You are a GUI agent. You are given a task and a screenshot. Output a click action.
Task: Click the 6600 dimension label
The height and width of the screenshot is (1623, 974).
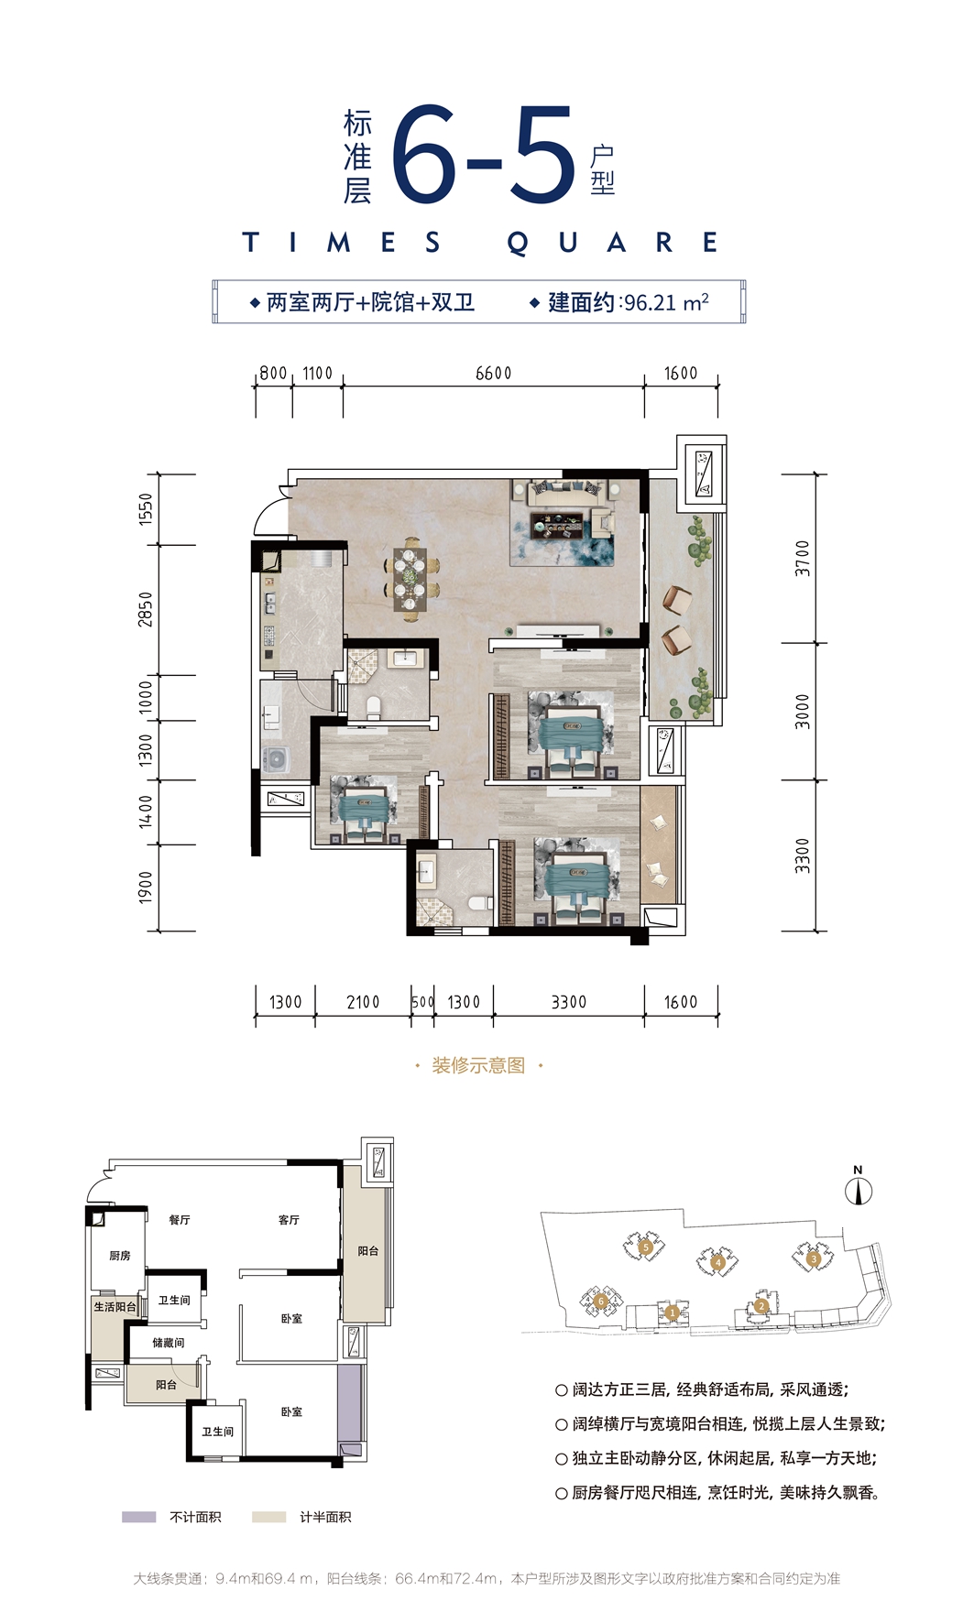[x=493, y=374]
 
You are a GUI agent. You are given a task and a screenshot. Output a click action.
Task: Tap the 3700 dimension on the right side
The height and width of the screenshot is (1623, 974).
[x=803, y=558]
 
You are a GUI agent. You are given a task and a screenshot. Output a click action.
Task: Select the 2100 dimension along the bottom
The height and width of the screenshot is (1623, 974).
[x=363, y=1002]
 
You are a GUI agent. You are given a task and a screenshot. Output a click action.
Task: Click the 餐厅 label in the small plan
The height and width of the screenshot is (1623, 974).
[x=180, y=1220]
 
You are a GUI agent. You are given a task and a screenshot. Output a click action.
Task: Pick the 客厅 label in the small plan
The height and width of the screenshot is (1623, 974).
[x=289, y=1220]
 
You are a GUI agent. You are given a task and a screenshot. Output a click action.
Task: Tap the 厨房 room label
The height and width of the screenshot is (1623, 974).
[x=120, y=1256]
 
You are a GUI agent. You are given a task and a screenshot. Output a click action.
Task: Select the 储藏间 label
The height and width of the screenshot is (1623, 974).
[x=169, y=1343]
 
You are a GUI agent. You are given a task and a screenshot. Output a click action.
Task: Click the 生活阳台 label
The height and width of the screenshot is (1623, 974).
[x=115, y=1307]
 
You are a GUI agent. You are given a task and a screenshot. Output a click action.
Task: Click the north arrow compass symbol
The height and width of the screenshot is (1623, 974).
[x=859, y=1188]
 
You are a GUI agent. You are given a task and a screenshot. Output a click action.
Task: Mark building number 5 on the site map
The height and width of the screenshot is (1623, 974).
[x=646, y=1247]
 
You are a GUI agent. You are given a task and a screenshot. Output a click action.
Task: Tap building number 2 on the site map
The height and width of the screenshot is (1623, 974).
[x=761, y=1306]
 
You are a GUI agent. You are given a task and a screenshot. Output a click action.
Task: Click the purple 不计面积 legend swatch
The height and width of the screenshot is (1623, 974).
[x=139, y=1517]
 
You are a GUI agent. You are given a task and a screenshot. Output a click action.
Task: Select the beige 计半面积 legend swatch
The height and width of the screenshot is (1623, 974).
[x=269, y=1517]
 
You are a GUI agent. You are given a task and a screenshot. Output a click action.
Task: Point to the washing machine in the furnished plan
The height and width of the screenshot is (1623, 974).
[x=275, y=758]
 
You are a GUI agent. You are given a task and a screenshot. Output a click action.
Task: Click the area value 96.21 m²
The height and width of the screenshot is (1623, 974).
[x=666, y=302]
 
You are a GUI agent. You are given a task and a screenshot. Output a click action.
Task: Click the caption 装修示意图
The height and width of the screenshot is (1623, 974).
[x=478, y=1065]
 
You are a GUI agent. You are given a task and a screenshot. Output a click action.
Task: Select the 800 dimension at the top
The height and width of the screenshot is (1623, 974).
[x=273, y=374]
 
